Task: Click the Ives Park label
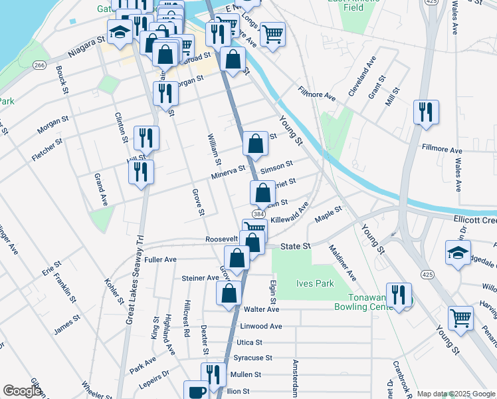(x=315, y=283)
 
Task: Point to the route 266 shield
(x=40, y=65)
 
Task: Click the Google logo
(x=22, y=391)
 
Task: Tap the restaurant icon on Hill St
(x=142, y=171)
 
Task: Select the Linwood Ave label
(x=261, y=327)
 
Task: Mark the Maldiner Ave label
(x=342, y=262)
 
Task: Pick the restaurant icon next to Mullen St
(x=213, y=374)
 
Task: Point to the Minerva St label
(x=229, y=176)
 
